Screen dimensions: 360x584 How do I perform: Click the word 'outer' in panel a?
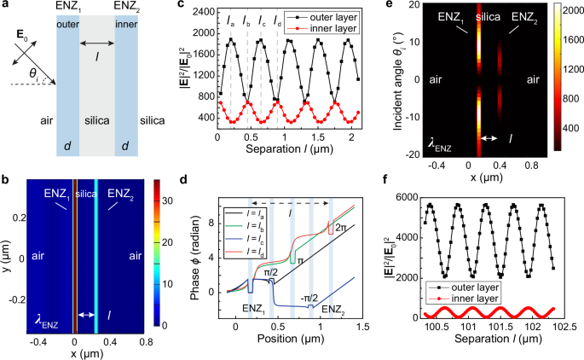[x=70, y=24]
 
